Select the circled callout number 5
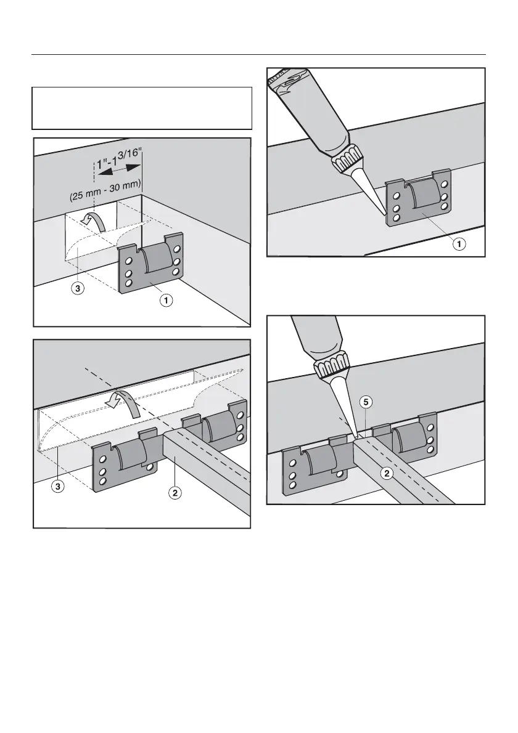365,404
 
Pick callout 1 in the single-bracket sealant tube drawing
459,244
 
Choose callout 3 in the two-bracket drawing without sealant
57,485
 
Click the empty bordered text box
142,108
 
